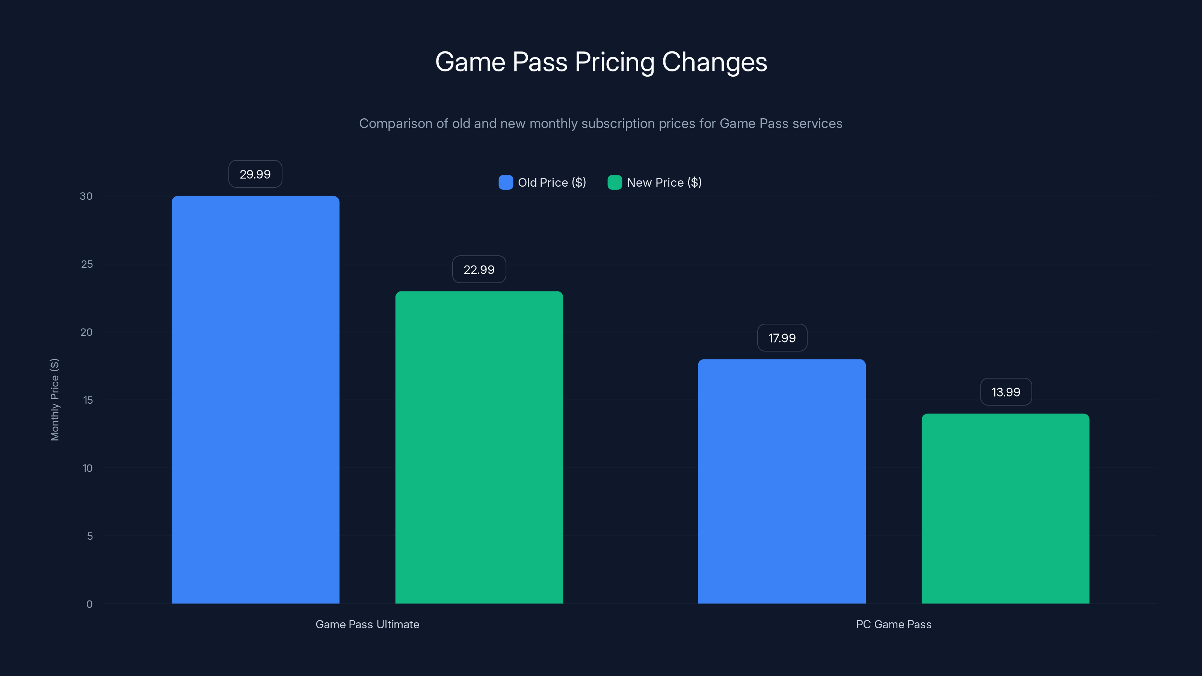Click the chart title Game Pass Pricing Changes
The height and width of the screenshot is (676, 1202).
coord(601,62)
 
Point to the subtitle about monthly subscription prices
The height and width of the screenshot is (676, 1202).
coord(601,124)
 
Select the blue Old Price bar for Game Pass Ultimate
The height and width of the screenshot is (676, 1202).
coord(255,400)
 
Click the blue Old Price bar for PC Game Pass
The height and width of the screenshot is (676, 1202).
coord(782,481)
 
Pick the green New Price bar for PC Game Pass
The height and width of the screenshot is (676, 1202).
coord(1006,509)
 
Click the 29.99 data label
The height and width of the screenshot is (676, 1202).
coord(255,174)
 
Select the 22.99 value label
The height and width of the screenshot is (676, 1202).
coord(479,270)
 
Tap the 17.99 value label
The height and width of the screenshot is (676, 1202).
coord(782,338)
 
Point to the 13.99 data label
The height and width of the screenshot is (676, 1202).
coord(1006,392)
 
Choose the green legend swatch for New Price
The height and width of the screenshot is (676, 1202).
coord(615,183)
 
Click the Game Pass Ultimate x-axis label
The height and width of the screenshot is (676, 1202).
coord(367,624)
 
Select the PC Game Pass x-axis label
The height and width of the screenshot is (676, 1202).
coord(894,624)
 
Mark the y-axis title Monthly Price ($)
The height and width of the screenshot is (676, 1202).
coord(54,400)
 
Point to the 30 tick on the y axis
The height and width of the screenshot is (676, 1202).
coord(86,196)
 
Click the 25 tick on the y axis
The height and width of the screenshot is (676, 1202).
coord(87,264)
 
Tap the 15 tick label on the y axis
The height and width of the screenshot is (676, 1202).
coord(88,400)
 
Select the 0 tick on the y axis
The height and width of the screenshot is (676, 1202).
coord(90,604)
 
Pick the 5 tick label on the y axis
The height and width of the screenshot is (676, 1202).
coord(90,536)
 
